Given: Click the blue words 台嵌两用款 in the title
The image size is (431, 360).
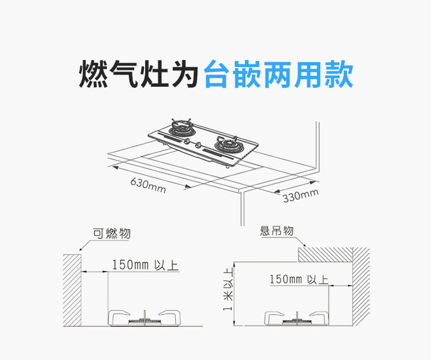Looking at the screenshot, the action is click(278, 75).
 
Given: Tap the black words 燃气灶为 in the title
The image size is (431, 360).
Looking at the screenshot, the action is click(139, 75).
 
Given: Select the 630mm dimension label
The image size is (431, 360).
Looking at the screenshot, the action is click(148, 185).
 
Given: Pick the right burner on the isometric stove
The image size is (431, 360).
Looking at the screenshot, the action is click(226, 145).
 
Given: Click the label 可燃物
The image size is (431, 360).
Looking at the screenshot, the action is click(111, 234).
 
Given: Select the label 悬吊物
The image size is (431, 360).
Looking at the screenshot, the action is click(277, 232).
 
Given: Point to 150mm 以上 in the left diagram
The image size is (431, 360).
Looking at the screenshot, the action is click(145, 266).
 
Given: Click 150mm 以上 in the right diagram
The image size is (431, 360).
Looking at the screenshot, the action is click(298, 280).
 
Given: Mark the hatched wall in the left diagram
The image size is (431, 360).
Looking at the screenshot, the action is click(71, 290).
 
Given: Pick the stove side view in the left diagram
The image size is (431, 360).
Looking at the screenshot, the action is click(145, 318).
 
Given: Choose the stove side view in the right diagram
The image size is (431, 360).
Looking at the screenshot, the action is click(297, 318).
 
